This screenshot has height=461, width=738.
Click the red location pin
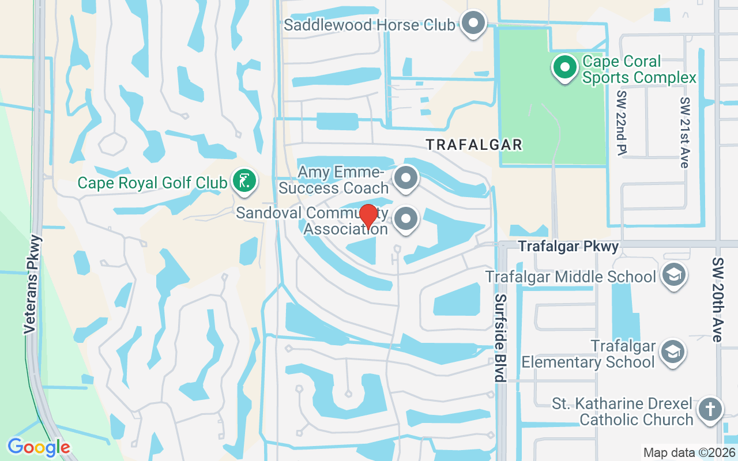(x=368, y=216)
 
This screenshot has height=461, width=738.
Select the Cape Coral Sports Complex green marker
(x=565, y=67)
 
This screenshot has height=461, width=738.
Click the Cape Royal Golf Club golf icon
(x=244, y=181)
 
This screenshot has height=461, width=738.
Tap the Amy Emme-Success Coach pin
(x=406, y=177)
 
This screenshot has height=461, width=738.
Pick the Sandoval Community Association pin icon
(x=407, y=219)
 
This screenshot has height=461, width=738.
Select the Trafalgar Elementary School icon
(x=672, y=350)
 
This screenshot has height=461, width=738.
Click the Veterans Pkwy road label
(x=32, y=284)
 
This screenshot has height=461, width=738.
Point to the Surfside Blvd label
(x=500, y=338)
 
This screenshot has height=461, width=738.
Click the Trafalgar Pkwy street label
(x=568, y=247)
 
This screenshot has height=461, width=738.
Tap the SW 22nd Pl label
(x=622, y=122)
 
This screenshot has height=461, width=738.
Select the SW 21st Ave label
(x=684, y=133)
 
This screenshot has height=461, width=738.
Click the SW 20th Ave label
(x=717, y=300)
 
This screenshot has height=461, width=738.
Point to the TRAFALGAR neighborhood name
(x=474, y=145)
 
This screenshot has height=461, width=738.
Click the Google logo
(x=39, y=447)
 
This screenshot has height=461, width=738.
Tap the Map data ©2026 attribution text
(x=689, y=453)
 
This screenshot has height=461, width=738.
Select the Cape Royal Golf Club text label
(x=152, y=183)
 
